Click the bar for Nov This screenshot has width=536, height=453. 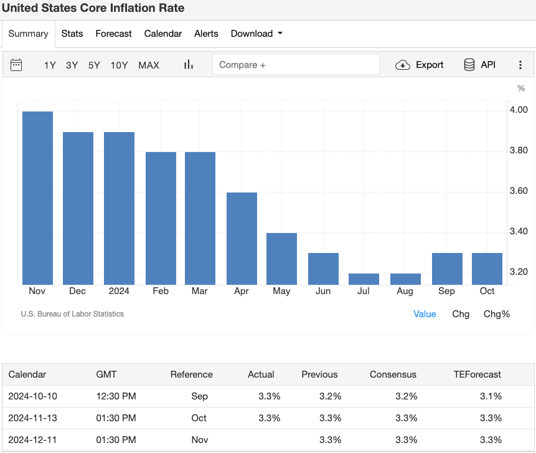pos(37,198)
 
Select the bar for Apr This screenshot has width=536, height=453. pos(242,239)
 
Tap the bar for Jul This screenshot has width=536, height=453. pos(364,279)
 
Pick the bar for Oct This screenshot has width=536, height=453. pos(487,269)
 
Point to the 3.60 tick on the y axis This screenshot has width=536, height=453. pos(518,191)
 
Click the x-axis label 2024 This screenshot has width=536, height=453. pos(119,291)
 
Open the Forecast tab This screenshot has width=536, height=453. pos(113,34)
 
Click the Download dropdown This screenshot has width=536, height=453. pos(256,34)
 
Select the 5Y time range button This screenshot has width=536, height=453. pos(94,65)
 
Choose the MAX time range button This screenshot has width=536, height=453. pos(149,65)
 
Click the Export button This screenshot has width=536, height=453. pos(420,65)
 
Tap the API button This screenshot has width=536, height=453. pos(479,65)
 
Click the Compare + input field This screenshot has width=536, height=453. pos(296,65)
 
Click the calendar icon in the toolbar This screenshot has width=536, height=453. pos(17,65)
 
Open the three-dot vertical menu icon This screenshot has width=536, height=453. pos(520,65)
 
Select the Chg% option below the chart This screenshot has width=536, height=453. pos(496,314)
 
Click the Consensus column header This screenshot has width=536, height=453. pos(393,374)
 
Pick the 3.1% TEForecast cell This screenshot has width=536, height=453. pos(491,396)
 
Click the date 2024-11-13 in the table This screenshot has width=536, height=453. pos(32,418)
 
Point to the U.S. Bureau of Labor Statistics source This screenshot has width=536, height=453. pos(72,314)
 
